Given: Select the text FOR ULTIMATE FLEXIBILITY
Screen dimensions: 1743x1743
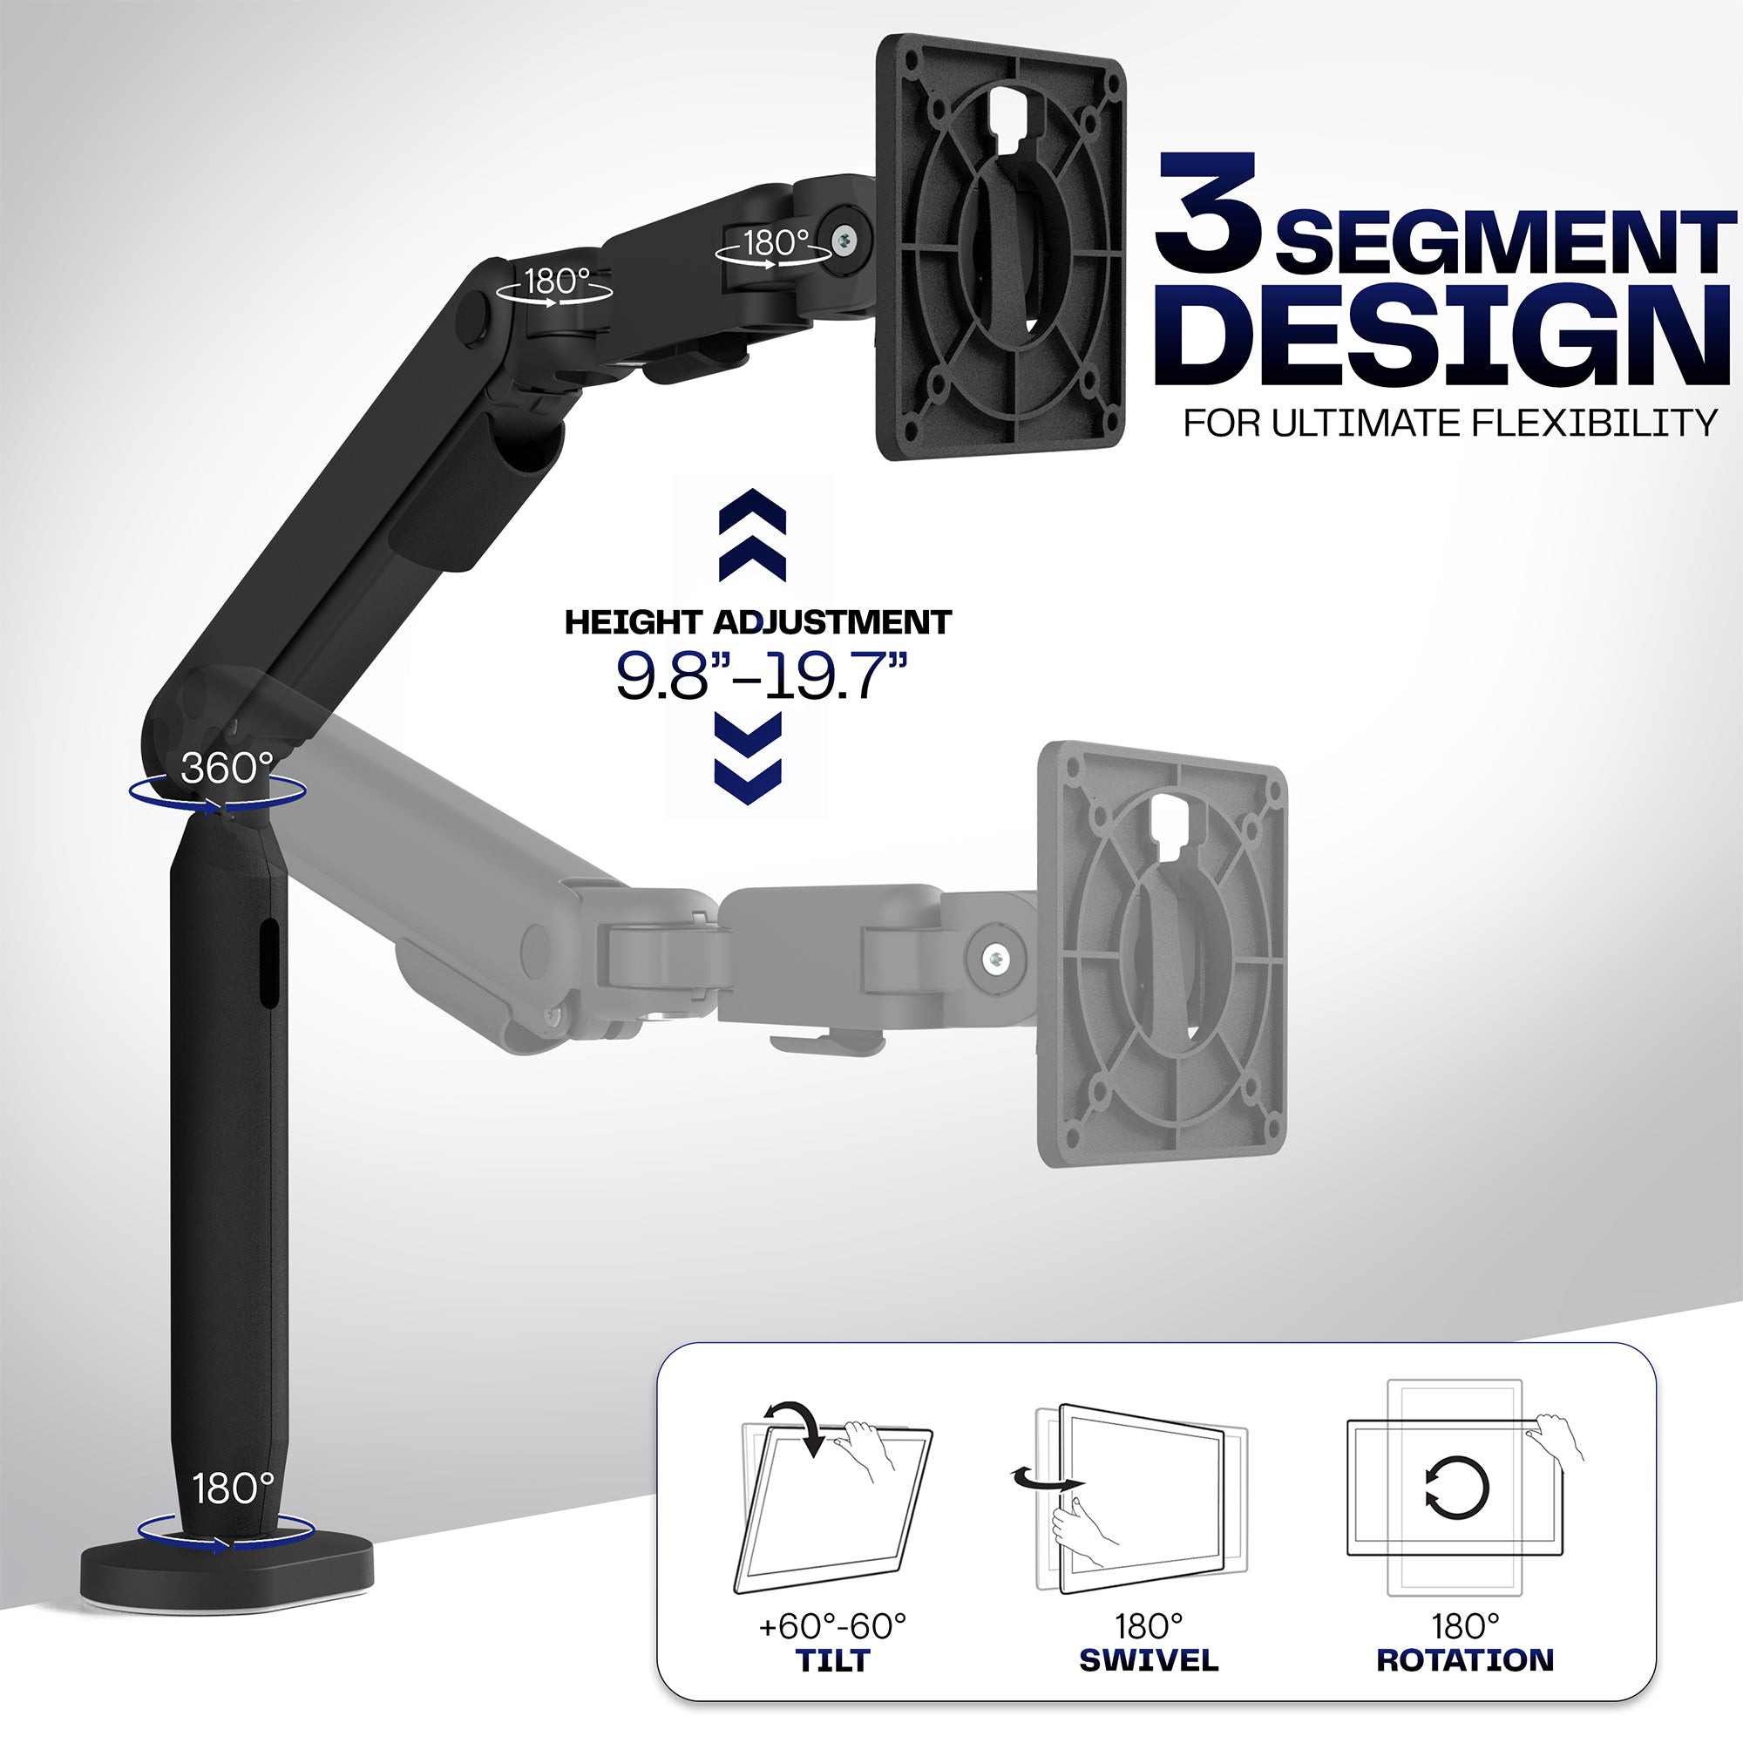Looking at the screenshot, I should click(x=1450, y=424).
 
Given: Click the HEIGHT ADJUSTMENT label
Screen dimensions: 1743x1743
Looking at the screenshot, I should click(x=758, y=622).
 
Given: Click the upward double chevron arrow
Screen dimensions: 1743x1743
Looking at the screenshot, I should click(x=751, y=535).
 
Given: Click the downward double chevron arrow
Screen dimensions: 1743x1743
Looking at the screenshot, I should click(x=748, y=759).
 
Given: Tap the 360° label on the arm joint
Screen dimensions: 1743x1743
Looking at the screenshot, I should click(x=227, y=768).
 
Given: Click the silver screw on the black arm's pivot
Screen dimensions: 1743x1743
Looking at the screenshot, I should click(x=845, y=240).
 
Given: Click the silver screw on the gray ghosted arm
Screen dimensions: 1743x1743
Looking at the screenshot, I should click(x=995, y=959).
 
